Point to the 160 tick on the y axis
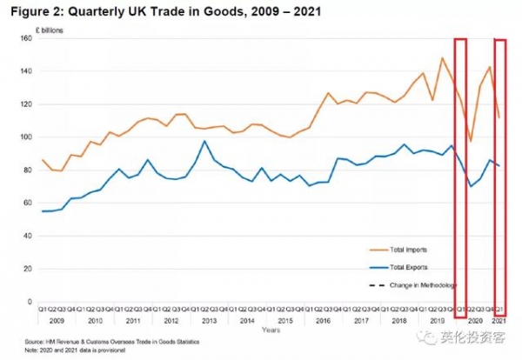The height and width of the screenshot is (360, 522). tap(28, 37)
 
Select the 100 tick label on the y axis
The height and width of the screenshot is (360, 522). tap(28, 137)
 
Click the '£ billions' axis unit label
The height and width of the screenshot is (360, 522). tap(51, 28)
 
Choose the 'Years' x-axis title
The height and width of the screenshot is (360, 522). tap(271, 330)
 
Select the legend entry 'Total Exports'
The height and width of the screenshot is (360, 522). tap(405, 267)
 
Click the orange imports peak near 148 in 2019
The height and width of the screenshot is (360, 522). tap(442, 58)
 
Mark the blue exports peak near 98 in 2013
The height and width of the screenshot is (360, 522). tap(204, 141)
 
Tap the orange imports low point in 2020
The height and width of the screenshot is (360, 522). tap(471, 141)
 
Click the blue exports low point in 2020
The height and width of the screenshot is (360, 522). tap(471, 186)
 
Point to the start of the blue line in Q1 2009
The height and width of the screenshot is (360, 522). tap(43, 211)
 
